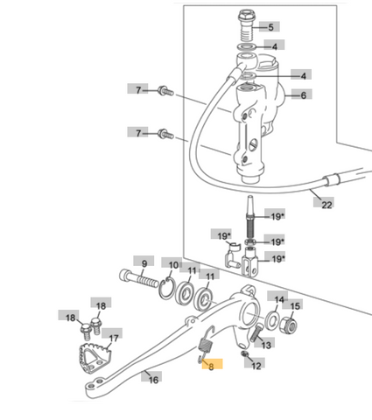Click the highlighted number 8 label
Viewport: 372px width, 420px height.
point(213,364)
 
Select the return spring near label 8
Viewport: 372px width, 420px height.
point(205,346)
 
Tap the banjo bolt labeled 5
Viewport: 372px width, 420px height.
point(247,25)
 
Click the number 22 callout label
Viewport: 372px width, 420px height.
point(324,202)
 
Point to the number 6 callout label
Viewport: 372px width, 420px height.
point(302,94)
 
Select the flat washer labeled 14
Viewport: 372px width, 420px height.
point(273,320)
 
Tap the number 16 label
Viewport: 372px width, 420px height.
point(151,377)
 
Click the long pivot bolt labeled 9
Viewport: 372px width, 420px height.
point(139,279)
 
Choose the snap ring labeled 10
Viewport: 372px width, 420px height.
point(167,288)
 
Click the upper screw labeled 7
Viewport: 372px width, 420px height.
point(165,91)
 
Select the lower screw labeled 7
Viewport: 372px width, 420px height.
point(165,135)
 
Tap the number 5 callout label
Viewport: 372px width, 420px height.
point(270,26)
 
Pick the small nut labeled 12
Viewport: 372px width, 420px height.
point(244,354)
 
